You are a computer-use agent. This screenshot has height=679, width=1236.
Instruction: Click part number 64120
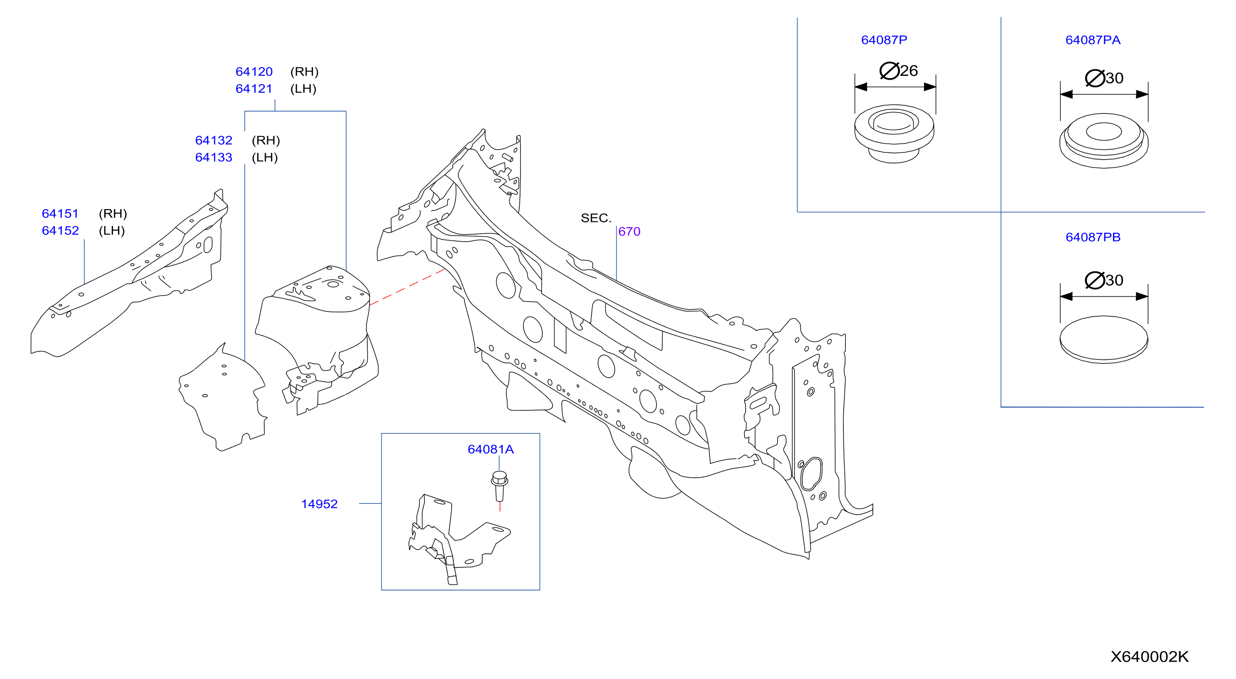(254, 71)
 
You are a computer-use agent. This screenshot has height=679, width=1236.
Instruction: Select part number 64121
(254, 89)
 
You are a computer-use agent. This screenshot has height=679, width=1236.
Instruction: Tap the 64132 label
(214, 140)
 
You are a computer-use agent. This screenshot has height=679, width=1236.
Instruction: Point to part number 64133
(214, 157)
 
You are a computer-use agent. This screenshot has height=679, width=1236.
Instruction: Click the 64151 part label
(60, 214)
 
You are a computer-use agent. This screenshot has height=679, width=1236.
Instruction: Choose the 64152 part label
(60, 231)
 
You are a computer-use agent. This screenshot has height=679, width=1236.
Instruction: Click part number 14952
(319, 504)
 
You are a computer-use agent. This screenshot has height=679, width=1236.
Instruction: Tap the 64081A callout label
(490, 449)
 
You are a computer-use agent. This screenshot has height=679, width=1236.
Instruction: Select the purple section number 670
(629, 232)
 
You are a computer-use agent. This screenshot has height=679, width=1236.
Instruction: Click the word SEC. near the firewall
(596, 218)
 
